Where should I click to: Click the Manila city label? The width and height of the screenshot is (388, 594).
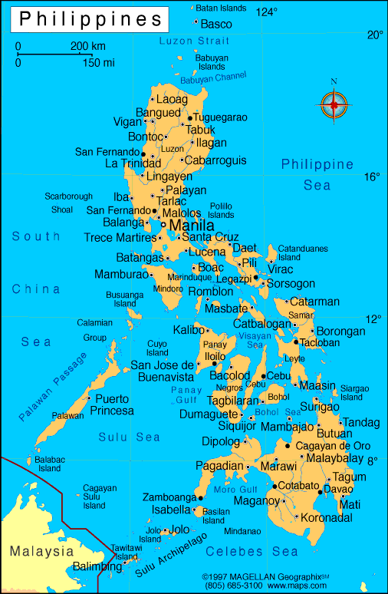(x=192, y=226)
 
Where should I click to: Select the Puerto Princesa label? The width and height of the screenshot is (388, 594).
(x=112, y=404)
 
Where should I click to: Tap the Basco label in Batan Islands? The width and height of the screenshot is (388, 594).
(x=215, y=24)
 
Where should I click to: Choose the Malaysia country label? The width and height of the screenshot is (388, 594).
(x=41, y=551)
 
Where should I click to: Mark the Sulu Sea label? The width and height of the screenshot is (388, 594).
(x=129, y=437)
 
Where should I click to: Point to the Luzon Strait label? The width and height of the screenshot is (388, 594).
(x=194, y=40)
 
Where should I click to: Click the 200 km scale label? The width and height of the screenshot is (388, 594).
(x=87, y=46)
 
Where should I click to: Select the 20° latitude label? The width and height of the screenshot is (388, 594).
(x=374, y=35)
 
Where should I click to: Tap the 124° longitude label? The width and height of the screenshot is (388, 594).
(x=267, y=12)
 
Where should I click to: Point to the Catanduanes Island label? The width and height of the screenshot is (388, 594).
(x=302, y=252)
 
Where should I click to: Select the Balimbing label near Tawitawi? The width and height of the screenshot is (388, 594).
(x=97, y=566)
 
